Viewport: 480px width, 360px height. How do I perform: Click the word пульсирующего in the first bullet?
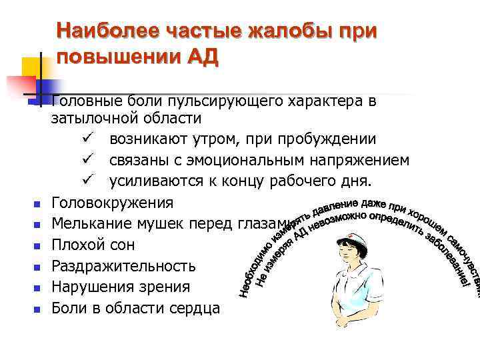click(x=241, y=102)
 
